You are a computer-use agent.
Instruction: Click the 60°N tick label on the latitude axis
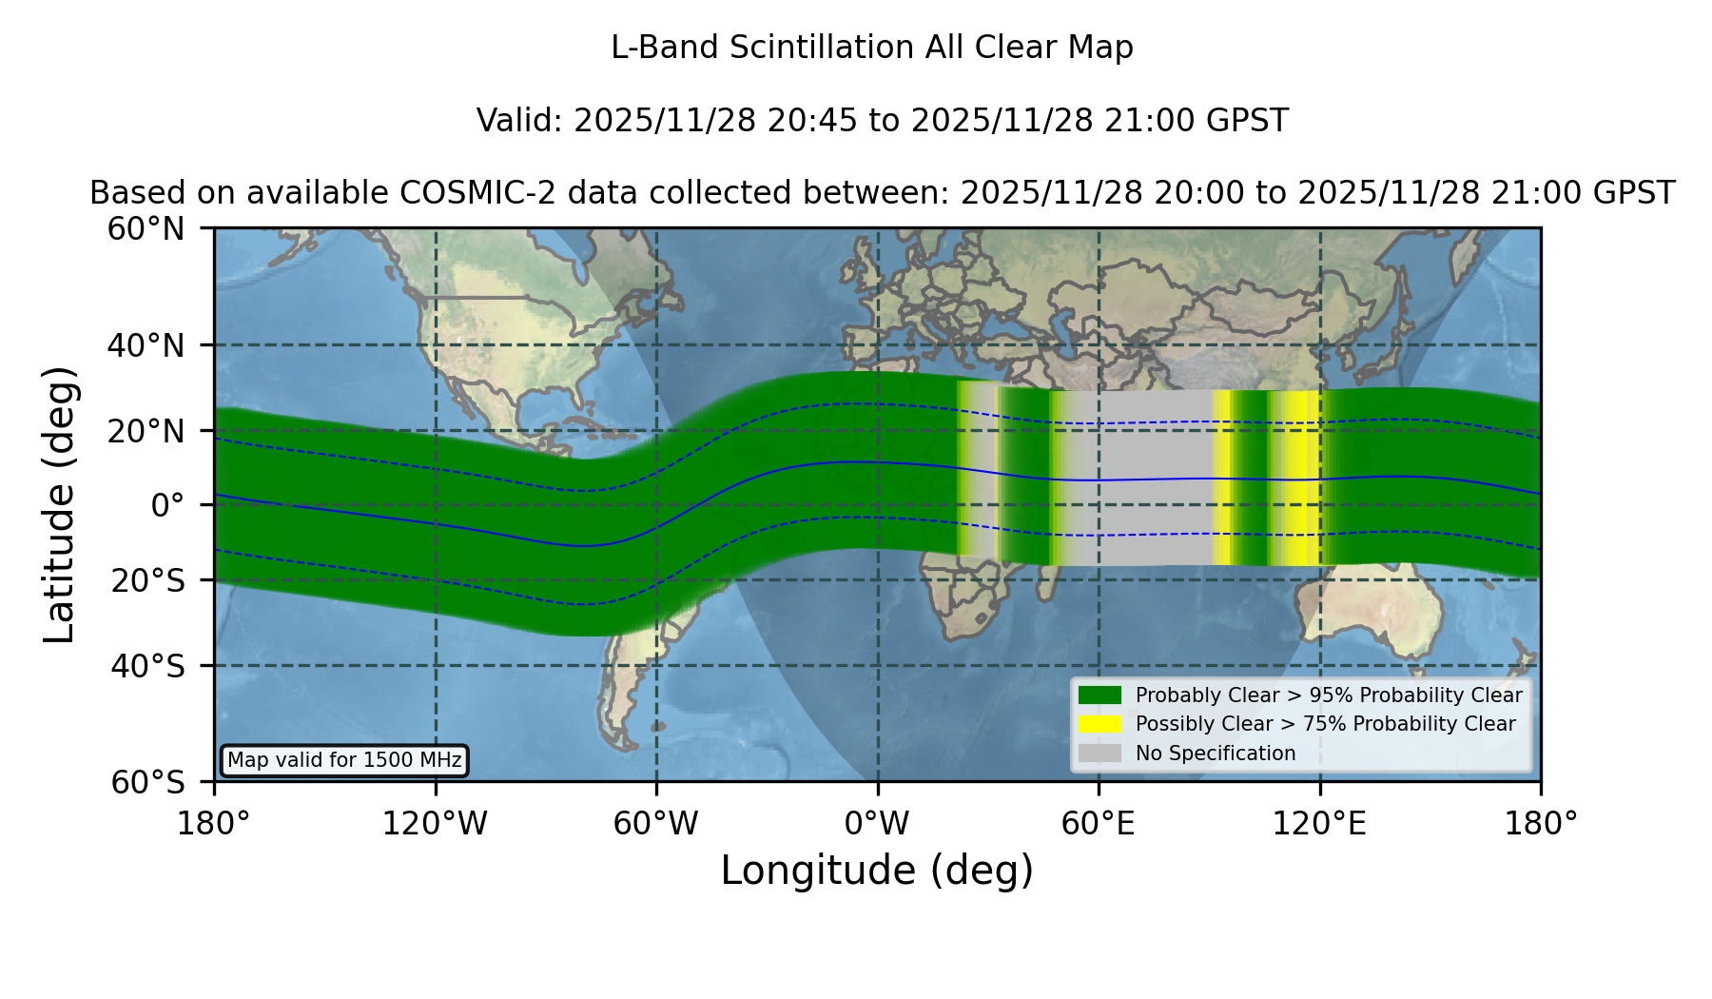(146, 229)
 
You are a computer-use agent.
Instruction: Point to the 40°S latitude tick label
(147, 666)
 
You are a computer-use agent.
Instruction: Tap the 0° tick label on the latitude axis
(167, 505)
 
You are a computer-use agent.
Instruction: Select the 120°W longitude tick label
(435, 823)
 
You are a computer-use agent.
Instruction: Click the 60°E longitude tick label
(1099, 823)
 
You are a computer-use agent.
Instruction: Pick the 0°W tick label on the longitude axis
(877, 823)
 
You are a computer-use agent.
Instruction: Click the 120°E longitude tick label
(1319, 823)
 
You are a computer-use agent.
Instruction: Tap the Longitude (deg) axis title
(877, 871)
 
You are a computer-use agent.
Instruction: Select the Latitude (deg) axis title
(60, 504)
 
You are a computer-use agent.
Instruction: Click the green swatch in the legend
(1100, 695)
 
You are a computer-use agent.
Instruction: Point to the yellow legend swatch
(1100, 724)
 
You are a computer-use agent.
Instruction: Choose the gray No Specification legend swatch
(1100, 754)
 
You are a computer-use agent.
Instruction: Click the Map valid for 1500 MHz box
(344, 760)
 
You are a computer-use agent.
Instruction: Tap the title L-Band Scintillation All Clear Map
(872, 48)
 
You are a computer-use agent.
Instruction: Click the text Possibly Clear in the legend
(1202, 724)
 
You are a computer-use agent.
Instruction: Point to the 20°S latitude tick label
(147, 580)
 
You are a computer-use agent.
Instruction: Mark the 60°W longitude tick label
(655, 823)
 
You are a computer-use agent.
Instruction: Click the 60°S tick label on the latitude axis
(147, 782)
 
